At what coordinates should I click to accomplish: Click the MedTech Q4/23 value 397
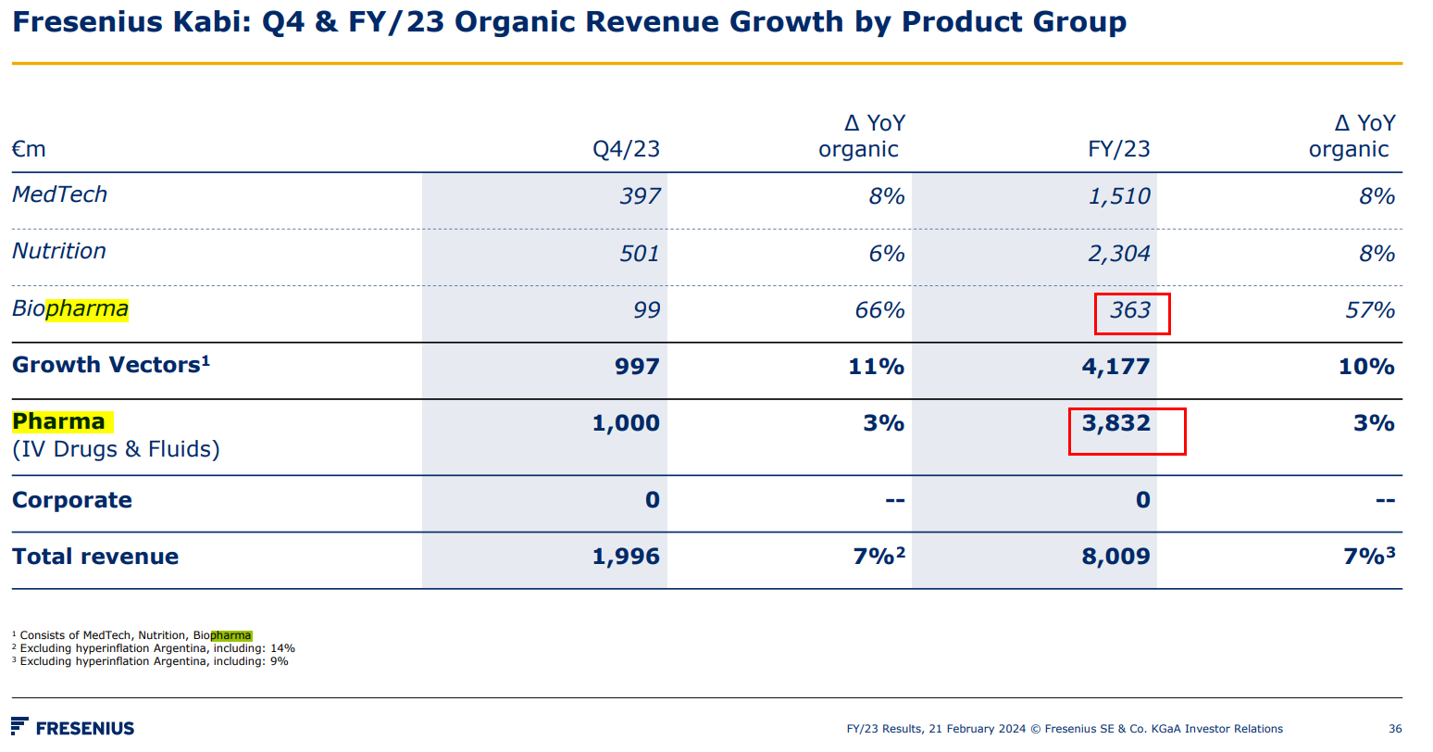click(640, 196)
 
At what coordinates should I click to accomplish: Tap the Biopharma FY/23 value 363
click(1130, 310)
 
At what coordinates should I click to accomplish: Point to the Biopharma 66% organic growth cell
click(878, 310)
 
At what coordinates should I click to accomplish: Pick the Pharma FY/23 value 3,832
click(1115, 423)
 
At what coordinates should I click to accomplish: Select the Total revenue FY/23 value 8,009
click(1115, 557)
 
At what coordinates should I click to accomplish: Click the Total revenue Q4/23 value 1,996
click(626, 557)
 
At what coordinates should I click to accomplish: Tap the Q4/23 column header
click(626, 149)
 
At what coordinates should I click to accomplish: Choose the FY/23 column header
click(1118, 149)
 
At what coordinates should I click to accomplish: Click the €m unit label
click(29, 149)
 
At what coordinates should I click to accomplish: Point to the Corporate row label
click(72, 500)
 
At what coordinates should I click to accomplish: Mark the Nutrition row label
click(59, 251)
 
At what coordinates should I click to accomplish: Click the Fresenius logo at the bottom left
click(73, 728)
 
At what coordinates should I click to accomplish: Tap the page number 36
click(1395, 729)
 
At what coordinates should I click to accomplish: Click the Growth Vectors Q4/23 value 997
click(637, 367)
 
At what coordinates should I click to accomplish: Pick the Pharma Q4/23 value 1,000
click(626, 423)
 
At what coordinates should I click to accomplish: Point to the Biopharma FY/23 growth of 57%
click(1369, 310)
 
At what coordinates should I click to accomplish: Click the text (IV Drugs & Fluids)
click(116, 449)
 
